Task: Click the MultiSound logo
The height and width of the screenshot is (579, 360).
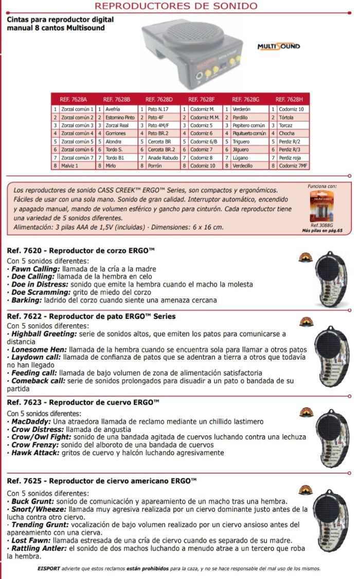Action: click(278, 47)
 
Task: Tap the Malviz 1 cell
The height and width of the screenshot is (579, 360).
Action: click(69, 166)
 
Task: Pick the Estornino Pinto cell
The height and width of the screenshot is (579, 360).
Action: click(120, 117)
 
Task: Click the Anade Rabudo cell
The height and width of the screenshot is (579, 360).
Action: click(163, 158)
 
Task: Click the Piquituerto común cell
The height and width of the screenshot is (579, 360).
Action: click(248, 134)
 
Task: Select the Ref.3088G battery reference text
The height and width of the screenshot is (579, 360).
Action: click(322, 225)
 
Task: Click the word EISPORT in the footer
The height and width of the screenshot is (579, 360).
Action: click(50, 569)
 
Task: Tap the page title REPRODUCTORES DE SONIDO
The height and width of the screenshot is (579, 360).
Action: click(176, 6)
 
